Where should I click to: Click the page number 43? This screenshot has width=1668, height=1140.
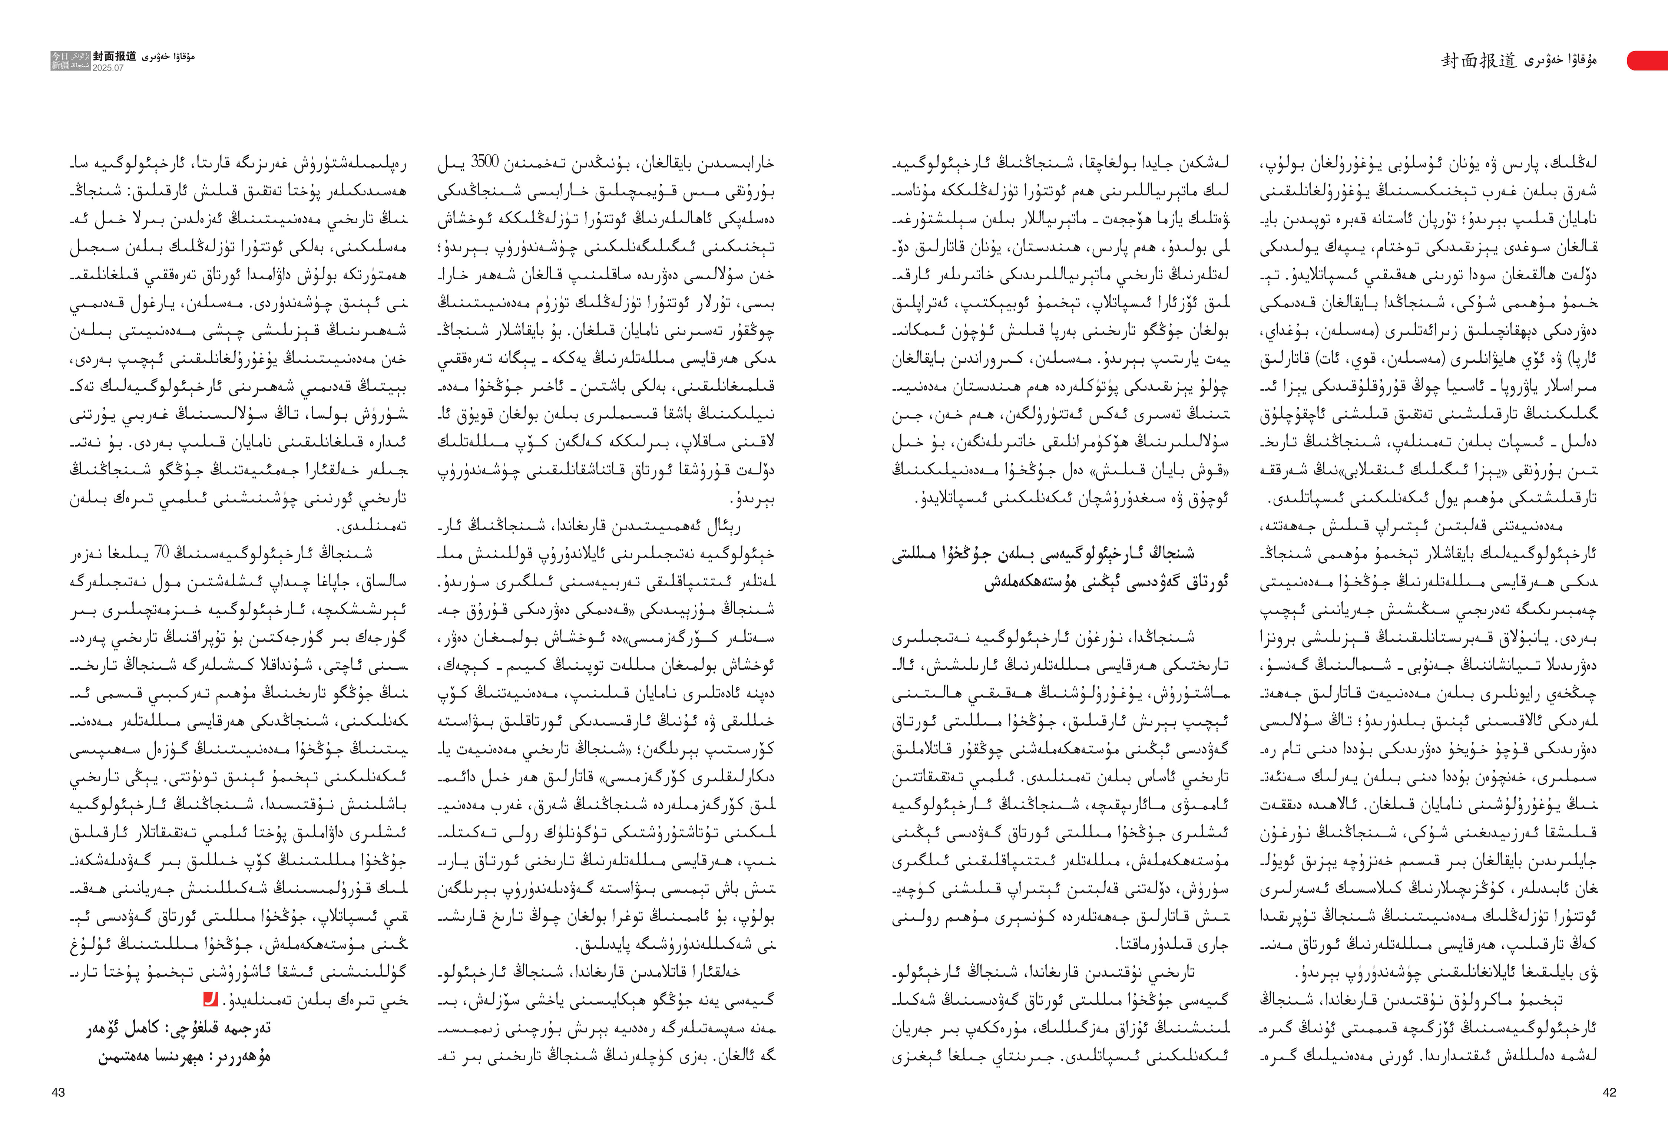(x=58, y=1092)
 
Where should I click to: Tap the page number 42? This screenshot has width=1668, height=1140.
(x=1609, y=1092)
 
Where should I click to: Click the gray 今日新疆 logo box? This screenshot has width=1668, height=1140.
(x=70, y=60)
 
